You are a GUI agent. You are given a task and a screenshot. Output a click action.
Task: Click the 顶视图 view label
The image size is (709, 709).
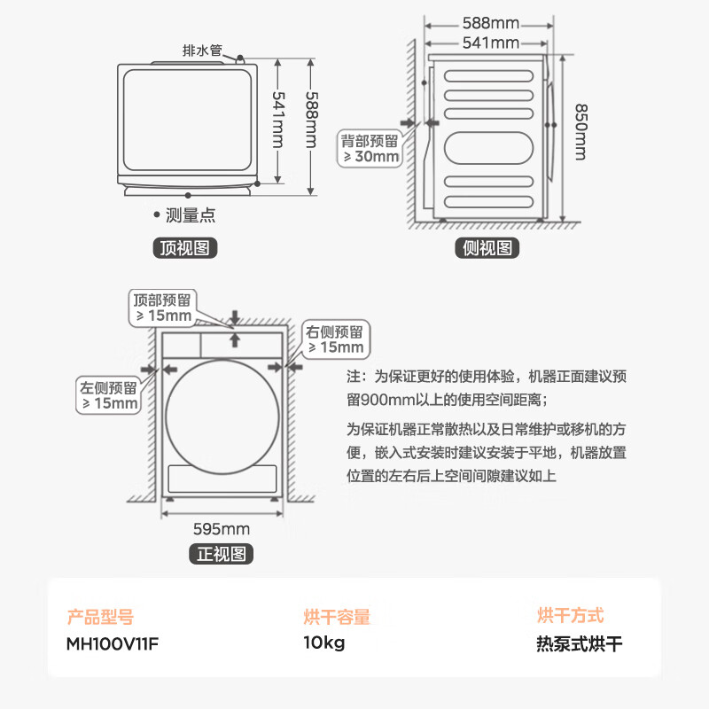click(184, 248)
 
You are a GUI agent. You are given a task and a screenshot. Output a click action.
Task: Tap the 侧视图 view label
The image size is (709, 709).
click(488, 248)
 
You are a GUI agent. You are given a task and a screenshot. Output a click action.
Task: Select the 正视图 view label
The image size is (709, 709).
click(222, 555)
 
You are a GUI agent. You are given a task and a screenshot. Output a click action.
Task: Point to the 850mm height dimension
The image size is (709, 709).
click(580, 132)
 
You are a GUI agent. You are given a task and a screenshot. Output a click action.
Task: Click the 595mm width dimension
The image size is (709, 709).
click(222, 529)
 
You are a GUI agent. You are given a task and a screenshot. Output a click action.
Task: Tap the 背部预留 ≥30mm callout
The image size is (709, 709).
click(371, 148)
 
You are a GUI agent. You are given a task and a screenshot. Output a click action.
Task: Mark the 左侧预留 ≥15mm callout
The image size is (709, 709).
click(108, 395)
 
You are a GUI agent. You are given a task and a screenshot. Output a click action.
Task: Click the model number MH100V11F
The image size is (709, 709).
click(113, 643)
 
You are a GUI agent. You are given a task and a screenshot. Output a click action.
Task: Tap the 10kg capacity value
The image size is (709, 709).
click(324, 643)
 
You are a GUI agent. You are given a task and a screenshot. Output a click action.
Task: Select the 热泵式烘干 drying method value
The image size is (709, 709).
click(580, 643)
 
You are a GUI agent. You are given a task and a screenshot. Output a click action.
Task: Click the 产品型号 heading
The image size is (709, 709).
click(100, 617)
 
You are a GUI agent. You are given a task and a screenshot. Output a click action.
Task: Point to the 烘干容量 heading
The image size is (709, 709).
click(337, 617)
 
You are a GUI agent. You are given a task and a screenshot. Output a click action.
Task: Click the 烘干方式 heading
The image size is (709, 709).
click(570, 615)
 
